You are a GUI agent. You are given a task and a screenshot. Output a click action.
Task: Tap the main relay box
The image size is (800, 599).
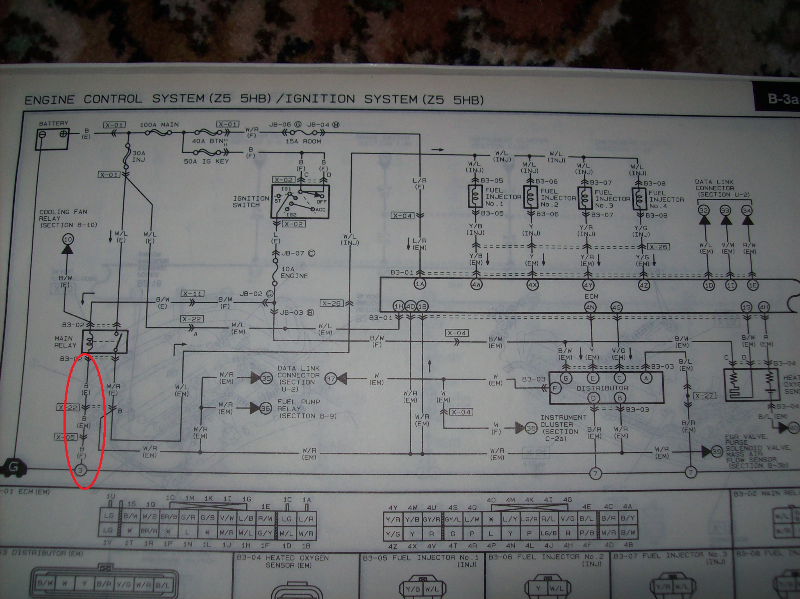coord(105,342)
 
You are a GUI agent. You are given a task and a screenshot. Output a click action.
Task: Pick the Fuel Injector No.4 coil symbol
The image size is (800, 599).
coord(639,199)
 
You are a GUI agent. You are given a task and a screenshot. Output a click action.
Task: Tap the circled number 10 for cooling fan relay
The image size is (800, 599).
coord(68,239)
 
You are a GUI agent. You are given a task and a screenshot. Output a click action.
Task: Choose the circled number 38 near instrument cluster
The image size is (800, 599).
coord(531,429)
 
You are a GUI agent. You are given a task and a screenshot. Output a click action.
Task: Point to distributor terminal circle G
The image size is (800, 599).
coord(566,378)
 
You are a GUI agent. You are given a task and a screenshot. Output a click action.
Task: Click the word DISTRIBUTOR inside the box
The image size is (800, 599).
coord(602,388)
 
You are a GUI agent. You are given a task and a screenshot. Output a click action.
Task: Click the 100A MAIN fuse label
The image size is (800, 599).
coord(159,125)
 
